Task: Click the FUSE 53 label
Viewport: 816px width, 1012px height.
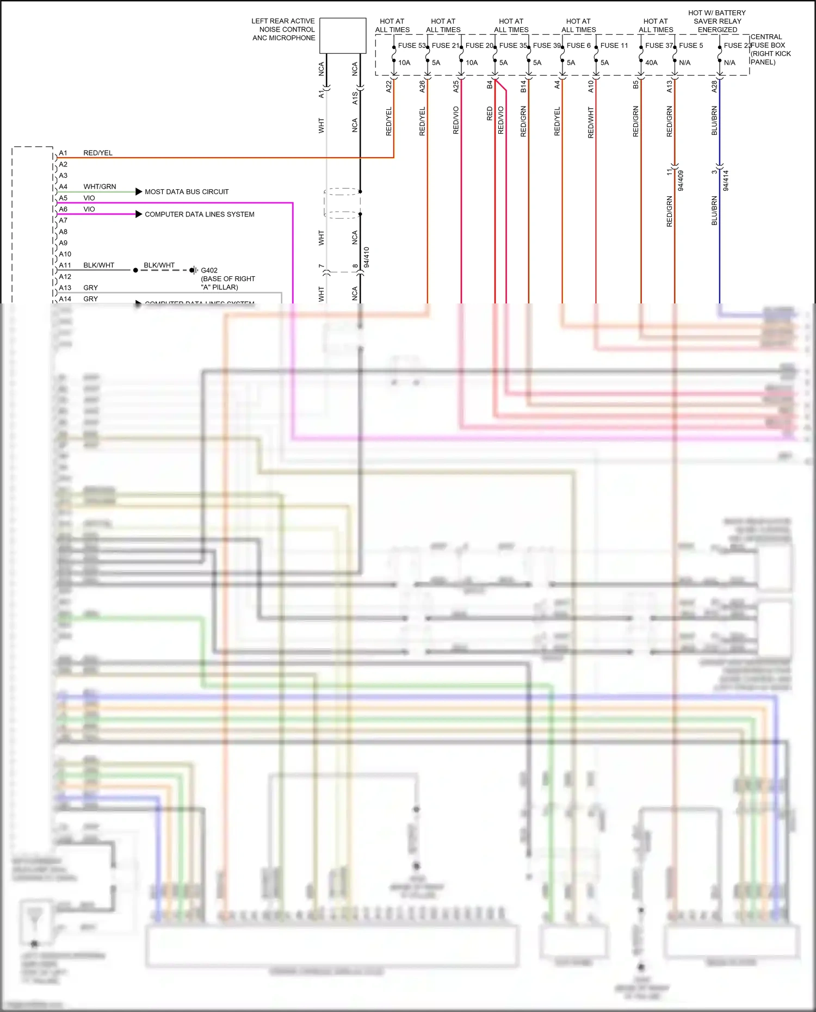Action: tap(411, 46)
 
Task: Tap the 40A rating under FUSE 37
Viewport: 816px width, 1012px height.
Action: tap(651, 63)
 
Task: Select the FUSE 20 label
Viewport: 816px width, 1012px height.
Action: tap(479, 46)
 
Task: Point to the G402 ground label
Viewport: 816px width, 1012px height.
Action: tap(209, 270)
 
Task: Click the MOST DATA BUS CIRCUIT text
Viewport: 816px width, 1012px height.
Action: tap(187, 192)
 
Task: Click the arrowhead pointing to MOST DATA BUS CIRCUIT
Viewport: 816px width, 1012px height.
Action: tap(139, 192)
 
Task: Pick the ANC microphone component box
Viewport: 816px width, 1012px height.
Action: tap(343, 36)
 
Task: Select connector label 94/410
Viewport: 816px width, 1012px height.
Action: tap(367, 257)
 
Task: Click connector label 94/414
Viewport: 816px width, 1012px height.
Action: tap(726, 181)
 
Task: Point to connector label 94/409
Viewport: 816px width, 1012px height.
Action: tap(681, 181)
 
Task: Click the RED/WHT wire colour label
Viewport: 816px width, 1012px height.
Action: tap(591, 122)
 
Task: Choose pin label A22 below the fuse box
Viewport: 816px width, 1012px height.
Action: tap(389, 86)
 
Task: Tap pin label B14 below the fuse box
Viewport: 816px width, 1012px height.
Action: tap(523, 86)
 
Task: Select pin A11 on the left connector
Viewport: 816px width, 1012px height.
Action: tap(65, 265)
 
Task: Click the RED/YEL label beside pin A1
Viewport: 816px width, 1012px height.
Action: tap(98, 153)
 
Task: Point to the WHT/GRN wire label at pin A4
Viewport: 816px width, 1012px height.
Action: tap(100, 187)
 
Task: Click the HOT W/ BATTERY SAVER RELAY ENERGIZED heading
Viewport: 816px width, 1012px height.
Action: tap(717, 21)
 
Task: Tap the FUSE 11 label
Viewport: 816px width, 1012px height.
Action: tap(614, 46)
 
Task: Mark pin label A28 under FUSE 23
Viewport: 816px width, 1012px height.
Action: tap(715, 86)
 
